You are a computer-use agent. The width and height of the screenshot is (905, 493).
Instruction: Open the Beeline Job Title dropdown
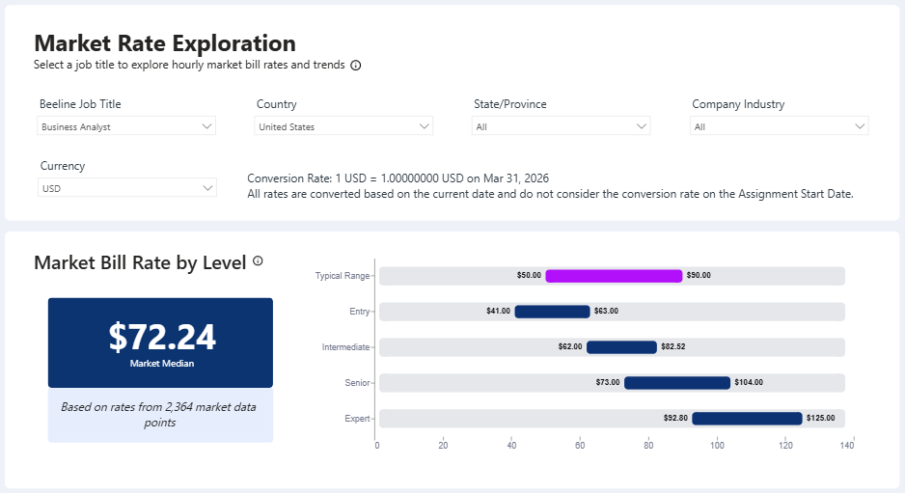click(x=125, y=126)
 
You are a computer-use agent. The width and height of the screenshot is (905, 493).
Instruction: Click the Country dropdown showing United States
click(x=343, y=126)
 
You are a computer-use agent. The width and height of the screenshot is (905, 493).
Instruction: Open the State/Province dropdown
click(x=561, y=126)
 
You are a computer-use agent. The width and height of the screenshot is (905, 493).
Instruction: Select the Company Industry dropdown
click(x=780, y=126)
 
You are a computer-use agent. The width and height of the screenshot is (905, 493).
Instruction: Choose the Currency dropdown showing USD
click(x=127, y=188)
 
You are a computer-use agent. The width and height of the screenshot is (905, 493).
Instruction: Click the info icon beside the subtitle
click(x=355, y=66)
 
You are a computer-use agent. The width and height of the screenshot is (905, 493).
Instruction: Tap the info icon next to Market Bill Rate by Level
click(x=258, y=260)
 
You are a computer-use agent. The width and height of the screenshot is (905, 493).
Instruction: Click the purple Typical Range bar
click(x=614, y=276)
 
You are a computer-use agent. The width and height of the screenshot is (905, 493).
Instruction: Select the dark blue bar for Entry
click(x=552, y=312)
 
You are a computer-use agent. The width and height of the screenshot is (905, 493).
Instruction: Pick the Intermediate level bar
click(x=621, y=347)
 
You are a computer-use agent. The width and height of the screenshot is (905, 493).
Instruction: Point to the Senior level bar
click(x=677, y=383)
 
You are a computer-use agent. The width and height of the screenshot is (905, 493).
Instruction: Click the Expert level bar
click(x=748, y=419)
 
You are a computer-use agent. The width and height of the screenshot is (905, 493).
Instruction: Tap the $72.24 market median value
click(x=162, y=337)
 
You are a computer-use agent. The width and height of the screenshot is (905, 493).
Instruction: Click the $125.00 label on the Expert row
click(x=821, y=418)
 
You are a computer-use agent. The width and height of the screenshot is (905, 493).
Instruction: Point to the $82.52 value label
click(x=673, y=346)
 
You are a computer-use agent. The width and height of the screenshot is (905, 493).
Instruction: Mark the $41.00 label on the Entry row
click(x=498, y=311)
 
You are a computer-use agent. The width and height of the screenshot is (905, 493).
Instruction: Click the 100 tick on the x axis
click(x=717, y=445)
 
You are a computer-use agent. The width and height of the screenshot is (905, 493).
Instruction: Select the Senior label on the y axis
click(x=357, y=383)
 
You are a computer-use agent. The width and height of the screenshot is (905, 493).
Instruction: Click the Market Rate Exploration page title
click(x=165, y=43)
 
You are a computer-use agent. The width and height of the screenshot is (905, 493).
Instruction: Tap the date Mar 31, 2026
click(x=516, y=178)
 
